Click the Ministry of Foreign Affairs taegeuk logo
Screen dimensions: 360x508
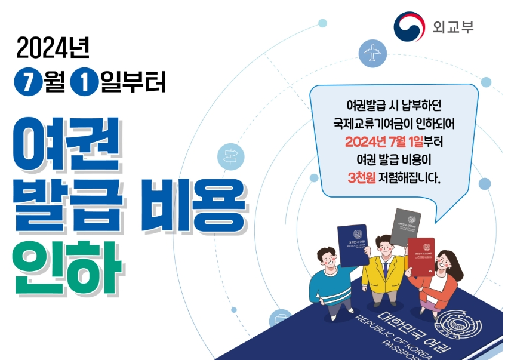410,26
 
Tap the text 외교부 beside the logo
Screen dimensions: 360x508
453,27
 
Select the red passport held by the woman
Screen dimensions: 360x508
421,257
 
